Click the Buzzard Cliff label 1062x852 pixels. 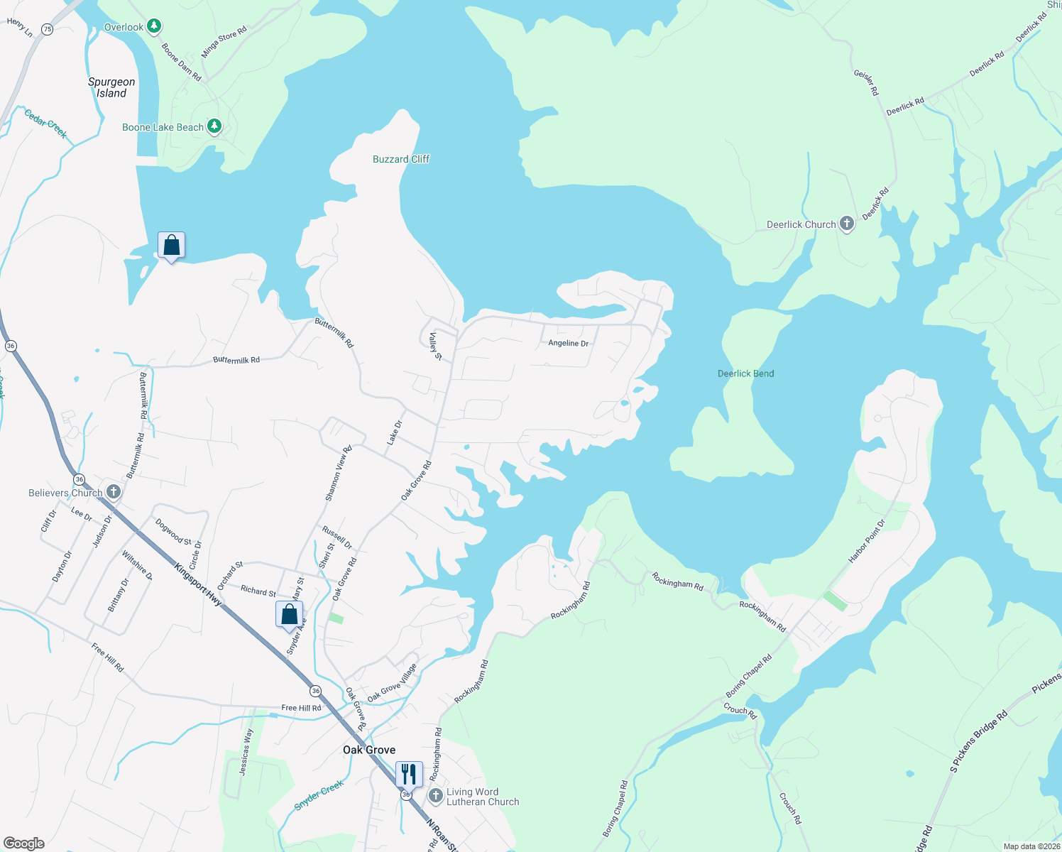point(401,159)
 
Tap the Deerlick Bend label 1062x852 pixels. point(745,373)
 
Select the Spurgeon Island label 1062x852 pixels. point(111,87)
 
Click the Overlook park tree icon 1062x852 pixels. point(153,27)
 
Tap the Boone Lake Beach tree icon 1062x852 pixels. point(214,127)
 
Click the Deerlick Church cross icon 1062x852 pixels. point(846,224)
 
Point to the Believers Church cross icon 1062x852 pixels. point(113,492)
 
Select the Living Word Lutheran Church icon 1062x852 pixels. point(436,795)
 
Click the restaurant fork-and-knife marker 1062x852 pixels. point(409,774)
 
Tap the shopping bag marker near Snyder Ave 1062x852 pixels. point(289,614)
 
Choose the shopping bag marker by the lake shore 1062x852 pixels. point(171,246)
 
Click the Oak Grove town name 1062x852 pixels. point(369,750)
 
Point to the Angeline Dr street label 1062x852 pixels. point(568,343)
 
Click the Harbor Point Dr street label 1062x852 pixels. point(867,542)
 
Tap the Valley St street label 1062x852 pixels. point(435,346)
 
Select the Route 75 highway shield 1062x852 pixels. point(47,29)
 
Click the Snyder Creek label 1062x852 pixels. point(319,795)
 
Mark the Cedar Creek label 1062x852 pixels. point(45,124)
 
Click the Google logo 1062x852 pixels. point(24,843)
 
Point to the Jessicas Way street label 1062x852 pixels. point(246,752)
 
